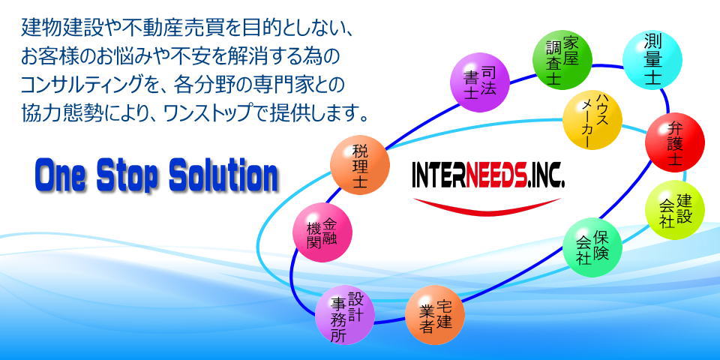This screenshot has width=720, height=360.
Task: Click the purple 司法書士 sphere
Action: click(x=480, y=82)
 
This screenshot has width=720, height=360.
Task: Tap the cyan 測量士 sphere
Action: click(x=652, y=60)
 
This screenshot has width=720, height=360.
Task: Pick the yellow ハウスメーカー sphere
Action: click(x=592, y=120)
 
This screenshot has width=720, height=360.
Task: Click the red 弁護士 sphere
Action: click(x=674, y=142)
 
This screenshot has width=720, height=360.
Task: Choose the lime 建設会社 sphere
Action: click(x=674, y=210)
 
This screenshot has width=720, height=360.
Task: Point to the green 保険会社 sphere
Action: click(x=592, y=247)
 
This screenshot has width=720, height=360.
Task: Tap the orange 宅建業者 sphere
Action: click(x=435, y=314)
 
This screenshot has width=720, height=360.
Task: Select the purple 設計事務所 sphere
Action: click(x=345, y=314)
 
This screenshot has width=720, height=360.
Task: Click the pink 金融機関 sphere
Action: click(x=322, y=232)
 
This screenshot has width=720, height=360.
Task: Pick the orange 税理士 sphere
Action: click(x=360, y=165)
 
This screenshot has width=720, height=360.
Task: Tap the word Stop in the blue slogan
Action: click(x=127, y=177)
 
